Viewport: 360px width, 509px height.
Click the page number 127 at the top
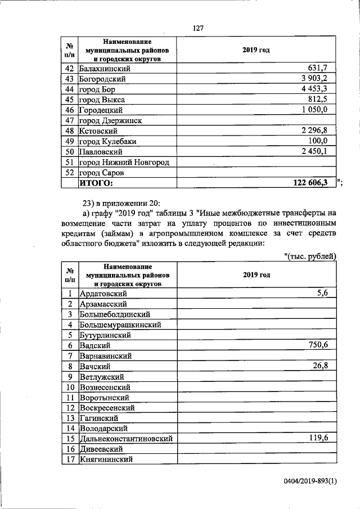click(197, 29)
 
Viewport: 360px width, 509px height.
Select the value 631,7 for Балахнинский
click(324, 69)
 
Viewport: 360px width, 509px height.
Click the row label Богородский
click(102, 79)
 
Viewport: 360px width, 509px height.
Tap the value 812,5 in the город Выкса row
click(324, 100)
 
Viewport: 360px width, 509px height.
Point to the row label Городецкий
click(101, 110)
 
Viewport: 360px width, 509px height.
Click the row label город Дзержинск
click(110, 120)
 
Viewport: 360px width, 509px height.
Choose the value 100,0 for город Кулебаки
click(324, 141)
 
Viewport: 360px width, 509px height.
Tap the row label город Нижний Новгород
click(124, 162)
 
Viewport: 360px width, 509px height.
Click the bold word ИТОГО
click(96, 183)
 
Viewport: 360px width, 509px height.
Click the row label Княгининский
click(106, 459)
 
